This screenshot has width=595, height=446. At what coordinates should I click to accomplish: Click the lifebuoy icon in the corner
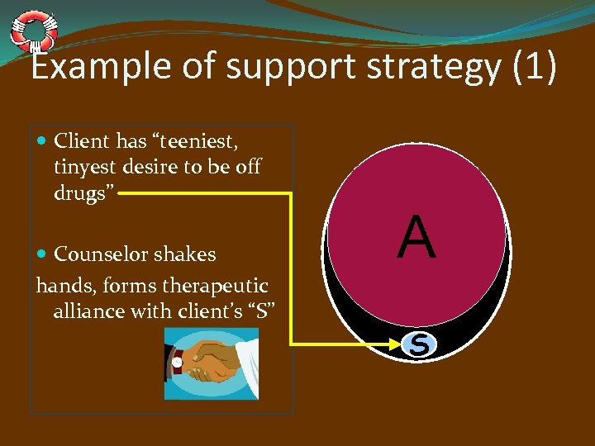point(34,31)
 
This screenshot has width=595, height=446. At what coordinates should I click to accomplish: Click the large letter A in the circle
point(416,238)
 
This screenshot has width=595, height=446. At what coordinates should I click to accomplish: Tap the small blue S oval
point(419,344)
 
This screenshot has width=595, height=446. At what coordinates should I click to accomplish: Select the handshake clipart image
point(211,363)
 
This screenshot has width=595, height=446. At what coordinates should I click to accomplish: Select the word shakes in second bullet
point(188,254)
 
